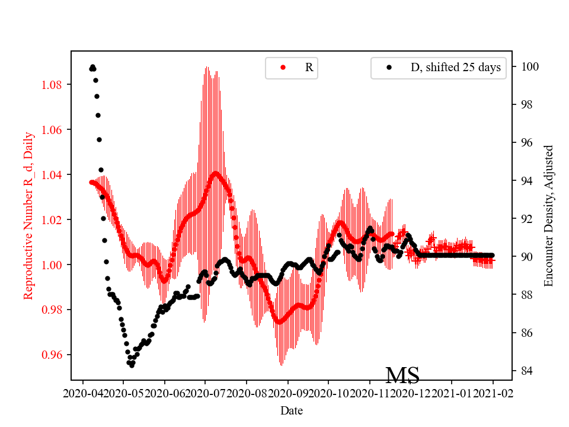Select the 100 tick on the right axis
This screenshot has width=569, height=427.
528,66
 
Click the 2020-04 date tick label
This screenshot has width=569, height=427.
83,393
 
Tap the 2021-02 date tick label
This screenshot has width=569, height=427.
493,393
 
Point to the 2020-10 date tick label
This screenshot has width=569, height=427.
328,393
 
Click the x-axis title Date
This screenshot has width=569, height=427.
292,410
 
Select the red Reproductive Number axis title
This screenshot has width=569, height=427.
28,216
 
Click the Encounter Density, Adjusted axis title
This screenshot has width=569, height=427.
549,216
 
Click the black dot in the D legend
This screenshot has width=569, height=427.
389,68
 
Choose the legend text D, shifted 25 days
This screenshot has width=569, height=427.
455,68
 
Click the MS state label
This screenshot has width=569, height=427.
402,375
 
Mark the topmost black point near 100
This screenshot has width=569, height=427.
92,67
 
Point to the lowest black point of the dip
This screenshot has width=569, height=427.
132,365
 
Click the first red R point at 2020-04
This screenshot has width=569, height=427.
91,182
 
